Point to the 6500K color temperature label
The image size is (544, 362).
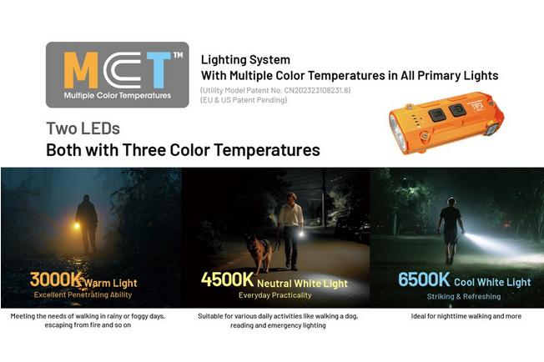pyautogui.click(x=423, y=279)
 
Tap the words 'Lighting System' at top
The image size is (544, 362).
pyautogui.click(x=245, y=60)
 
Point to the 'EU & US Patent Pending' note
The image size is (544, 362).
pyautogui.click(x=243, y=100)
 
